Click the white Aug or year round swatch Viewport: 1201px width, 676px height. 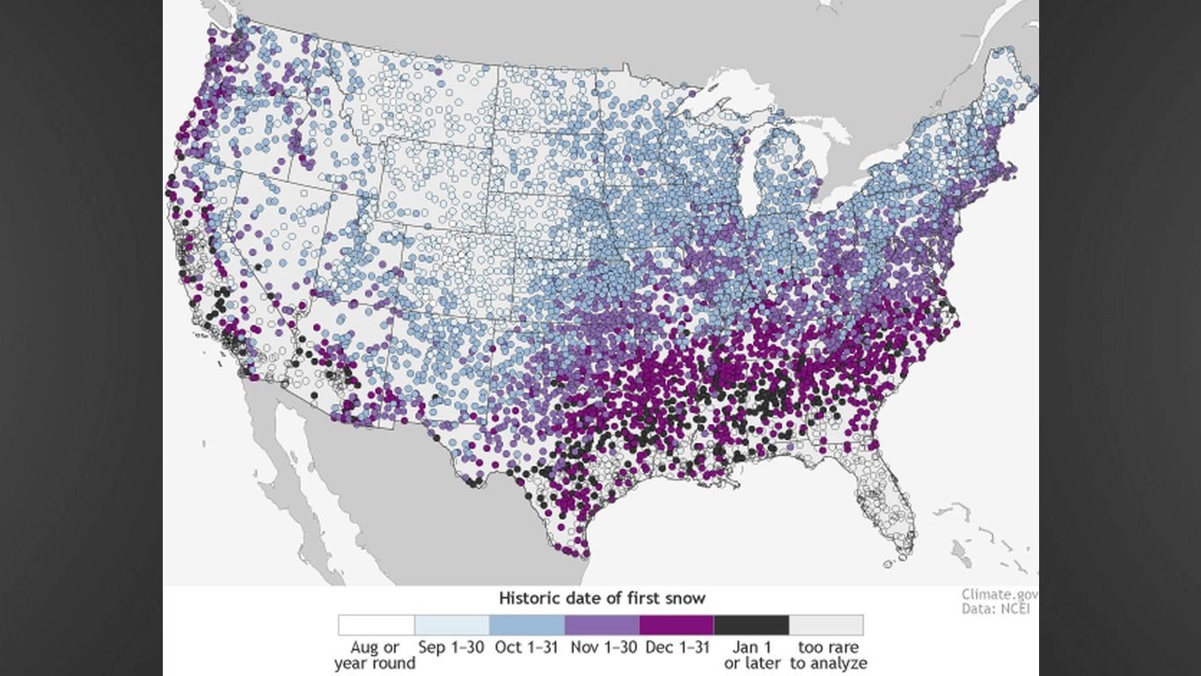(376, 625)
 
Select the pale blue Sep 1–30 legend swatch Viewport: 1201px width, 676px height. (451, 625)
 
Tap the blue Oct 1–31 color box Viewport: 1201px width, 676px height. (526, 625)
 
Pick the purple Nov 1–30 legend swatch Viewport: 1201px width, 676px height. (602, 625)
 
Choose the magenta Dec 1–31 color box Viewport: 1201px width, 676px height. (677, 625)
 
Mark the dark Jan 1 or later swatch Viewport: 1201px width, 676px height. (751, 625)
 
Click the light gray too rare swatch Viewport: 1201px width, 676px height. (826, 625)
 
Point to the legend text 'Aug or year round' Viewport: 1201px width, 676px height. (375, 656)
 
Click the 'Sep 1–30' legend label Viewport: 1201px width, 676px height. (451, 648)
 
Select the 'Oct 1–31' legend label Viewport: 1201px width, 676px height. (526, 648)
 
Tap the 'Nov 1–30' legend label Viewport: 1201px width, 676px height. (602, 648)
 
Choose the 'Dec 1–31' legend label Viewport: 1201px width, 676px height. (677, 648)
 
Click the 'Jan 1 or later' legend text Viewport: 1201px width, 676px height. (751, 656)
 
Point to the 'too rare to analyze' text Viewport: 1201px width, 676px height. (828, 656)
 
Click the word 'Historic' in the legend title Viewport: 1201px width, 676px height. (528, 599)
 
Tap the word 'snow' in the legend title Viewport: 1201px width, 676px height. (687, 599)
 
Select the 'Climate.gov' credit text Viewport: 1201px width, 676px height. (1000, 595)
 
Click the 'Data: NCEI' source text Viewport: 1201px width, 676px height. (994, 608)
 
